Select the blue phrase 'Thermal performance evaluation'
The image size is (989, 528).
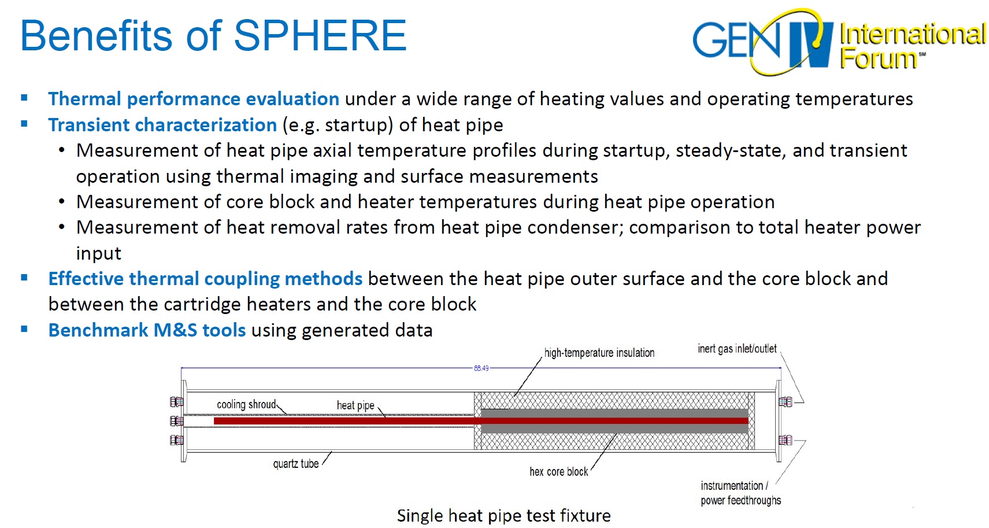click(x=194, y=99)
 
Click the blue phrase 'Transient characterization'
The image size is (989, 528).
click(x=162, y=125)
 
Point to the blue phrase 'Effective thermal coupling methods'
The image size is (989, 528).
click(x=205, y=279)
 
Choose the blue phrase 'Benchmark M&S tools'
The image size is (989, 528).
click(x=147, y=330)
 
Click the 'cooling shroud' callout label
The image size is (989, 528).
click(x=246, y=404)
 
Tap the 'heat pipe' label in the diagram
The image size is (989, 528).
click(x=355, y=405)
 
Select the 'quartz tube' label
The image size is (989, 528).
click(x=296, y=463)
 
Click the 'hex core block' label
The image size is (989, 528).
click(x=558, y=472)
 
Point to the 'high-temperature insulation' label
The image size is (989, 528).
click(x=599, y=353)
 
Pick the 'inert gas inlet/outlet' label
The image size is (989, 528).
click(x=737, y=349)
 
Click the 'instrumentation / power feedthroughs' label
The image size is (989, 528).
click(x=740, y=493)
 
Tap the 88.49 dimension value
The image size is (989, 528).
click(x=481, y=368)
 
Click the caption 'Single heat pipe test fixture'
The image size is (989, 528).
click(x=504, y=516)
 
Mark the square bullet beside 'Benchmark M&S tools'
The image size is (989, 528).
click(x=24, y=328)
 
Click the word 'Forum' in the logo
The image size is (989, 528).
click(x=878, y=59)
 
